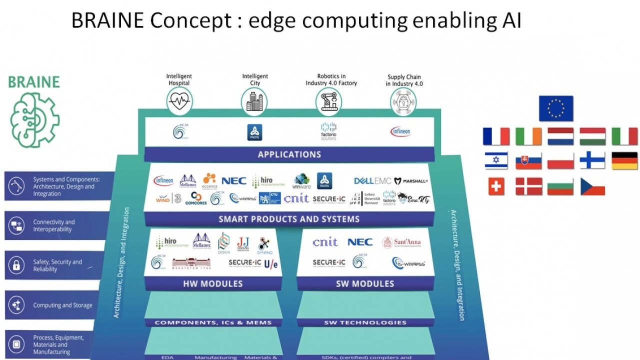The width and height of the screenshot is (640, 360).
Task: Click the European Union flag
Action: tap(556, 108)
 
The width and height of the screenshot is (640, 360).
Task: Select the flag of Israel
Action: tap(496, 160)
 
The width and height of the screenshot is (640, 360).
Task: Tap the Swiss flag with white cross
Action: tap(496, 186)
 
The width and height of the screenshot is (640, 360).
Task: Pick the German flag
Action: tap(624, 160)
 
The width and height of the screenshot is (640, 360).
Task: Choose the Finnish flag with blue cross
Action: tap(592, 160)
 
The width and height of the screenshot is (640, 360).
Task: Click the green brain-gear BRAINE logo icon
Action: tap(34, 119)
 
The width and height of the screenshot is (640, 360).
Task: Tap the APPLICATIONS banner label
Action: tap(289, 154)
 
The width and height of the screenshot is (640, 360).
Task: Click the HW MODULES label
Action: tap(213, 283)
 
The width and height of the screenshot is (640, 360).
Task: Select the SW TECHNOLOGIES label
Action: tap(365, 322)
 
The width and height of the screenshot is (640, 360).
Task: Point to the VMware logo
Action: tap(302, 181)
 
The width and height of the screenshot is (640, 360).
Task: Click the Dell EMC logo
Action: tap(372, 181)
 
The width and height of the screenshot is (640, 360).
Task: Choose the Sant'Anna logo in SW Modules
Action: tap(401, 242)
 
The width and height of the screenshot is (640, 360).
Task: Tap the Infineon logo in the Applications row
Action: tap(400, 131)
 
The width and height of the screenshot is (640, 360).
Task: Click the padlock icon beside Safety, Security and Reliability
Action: tap(16, 265)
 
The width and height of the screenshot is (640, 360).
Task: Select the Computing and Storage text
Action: tap(62, 305)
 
